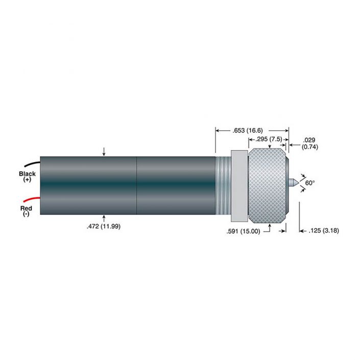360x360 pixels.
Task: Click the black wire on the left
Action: coord(32,162)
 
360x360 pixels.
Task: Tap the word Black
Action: coord(27,174)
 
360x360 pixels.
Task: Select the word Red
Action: coord(26,208)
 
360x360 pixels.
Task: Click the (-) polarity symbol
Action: coord(26,214)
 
